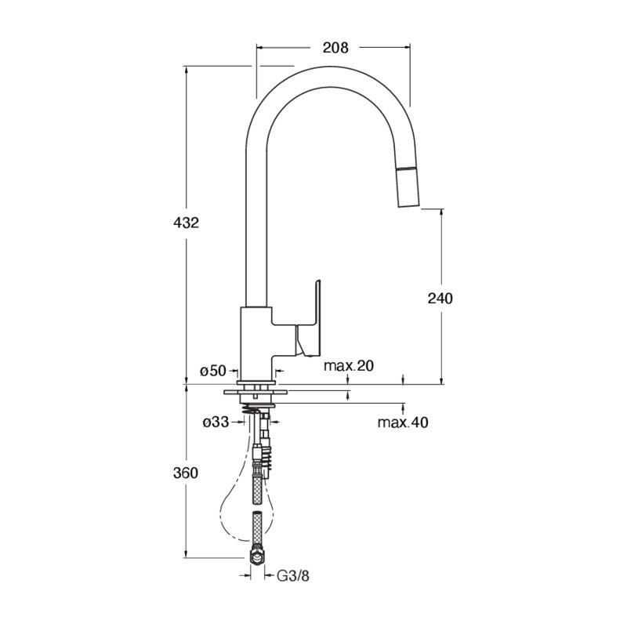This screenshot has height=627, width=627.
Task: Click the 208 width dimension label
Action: pos(335,48)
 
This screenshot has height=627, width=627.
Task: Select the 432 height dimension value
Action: pos(186,223)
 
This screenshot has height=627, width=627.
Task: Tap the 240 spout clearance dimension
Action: pos(440,299)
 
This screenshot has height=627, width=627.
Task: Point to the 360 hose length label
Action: pos(186,473)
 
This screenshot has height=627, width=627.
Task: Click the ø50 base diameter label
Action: pos(213,371)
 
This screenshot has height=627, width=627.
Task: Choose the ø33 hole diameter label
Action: pos(216,422)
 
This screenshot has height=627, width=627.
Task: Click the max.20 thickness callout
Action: pos(349,365)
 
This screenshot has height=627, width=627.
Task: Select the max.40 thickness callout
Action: pos(403,422)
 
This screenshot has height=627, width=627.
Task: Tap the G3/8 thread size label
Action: pos(293,576)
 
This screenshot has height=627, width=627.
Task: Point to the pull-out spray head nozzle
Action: pos(407,187)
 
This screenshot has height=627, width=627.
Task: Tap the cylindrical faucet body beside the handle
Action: pos(256,344)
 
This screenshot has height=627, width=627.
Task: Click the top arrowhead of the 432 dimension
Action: pos(186,69)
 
